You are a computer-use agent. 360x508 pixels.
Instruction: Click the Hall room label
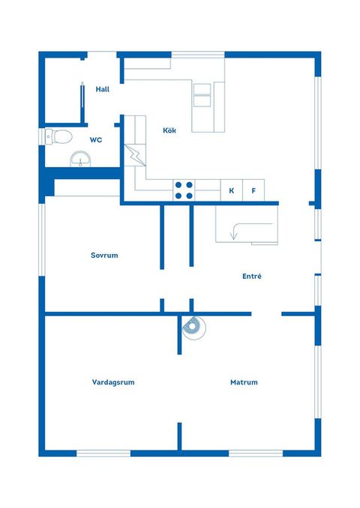(103, 89)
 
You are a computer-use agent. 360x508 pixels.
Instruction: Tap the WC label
(96, 140)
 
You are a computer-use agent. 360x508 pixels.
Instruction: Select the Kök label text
(169, 130)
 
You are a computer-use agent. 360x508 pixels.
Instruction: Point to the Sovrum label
(104, 255)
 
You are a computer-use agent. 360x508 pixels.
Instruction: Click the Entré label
(252, 276)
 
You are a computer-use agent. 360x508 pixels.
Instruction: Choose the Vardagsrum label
(113, 382)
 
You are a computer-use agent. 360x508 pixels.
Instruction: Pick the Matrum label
(244, 382)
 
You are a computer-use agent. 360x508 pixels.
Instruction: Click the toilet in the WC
(58, 136)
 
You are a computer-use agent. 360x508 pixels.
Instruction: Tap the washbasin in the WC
(81, 159)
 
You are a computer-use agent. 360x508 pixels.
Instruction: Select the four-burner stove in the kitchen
(184, 190)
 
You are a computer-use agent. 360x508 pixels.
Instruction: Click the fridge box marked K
(232, 190)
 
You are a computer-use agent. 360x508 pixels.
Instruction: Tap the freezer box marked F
(253, 190)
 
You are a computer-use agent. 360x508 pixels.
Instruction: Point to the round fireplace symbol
(194, 327)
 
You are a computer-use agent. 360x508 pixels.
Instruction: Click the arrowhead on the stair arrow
(233, 237)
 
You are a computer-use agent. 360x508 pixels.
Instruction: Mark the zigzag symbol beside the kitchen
(135, 155)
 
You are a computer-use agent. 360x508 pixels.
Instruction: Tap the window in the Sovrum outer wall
(42, 240)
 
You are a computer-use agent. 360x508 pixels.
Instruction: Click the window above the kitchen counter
(198, 55)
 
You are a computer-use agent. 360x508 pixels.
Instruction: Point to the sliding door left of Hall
(82, 98)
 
